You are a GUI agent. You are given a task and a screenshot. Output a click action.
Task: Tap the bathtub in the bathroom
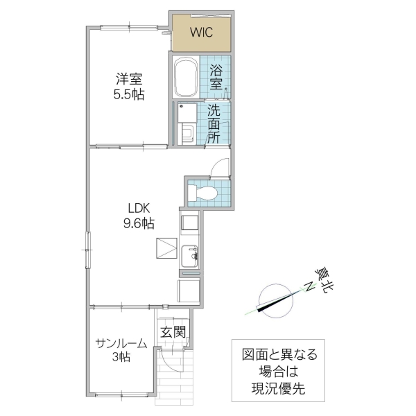click(187, 78)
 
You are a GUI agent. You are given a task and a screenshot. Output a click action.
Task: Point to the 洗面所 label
click(214, 123)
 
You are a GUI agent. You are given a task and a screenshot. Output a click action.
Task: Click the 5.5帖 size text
click(129, 96)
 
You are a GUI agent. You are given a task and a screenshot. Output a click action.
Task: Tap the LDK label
click(139, 208)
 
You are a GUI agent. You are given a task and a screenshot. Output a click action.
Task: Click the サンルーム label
click(121, 343)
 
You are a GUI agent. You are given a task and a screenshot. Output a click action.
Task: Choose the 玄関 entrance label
click(173, 332)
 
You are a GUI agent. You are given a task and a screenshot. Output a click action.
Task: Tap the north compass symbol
click(272, 299)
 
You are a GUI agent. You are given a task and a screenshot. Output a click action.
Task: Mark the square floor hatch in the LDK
click(167, 248)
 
